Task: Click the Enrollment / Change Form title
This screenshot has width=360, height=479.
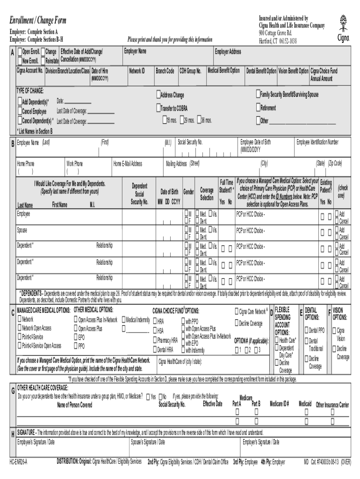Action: click(x=38, y=21)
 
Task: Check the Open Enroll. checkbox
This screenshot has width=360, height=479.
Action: click(x=20, y=51)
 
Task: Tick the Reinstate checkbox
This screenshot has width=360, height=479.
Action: click(x=43, y=61)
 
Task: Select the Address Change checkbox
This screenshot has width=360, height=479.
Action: click(x=158, y=94)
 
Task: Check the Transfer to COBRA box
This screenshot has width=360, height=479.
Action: click(x=158, y=108)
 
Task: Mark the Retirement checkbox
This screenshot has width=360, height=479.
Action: click(x=258, y=108)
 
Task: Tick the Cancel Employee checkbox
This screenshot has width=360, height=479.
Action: click(x=20, y=111)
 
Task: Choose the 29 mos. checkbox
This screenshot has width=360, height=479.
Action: click(x=186, y=120)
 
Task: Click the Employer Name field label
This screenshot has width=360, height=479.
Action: click(x=135, y=51)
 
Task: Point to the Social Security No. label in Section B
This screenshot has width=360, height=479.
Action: click(x=190, y=142)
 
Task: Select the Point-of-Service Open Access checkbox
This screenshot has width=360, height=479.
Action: click(x=19, y=346)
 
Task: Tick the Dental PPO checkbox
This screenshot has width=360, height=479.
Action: click(x=307, y=330)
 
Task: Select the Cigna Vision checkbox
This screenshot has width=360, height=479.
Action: click(x=335, y=330)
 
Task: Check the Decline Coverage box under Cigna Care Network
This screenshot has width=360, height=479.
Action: click(x=237, y=323)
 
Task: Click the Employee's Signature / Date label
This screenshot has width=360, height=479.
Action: click(x=36, y=441)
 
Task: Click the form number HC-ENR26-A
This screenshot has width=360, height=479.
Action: click(x=19, y=461)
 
